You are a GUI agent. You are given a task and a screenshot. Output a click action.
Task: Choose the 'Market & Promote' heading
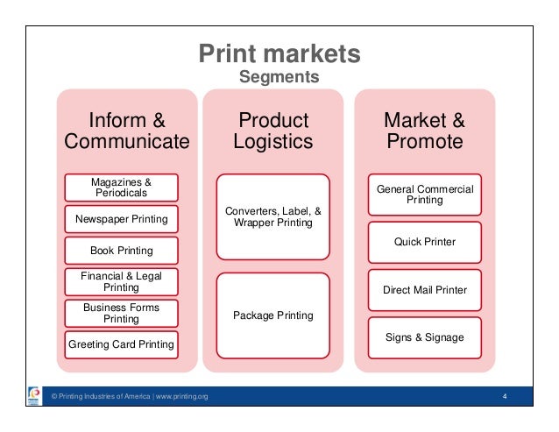point(425,131)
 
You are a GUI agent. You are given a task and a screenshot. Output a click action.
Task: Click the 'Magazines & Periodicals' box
point(121,187)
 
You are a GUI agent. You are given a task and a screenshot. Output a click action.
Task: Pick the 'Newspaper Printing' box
point(121,218)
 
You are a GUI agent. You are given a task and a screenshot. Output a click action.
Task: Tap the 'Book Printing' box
point(121,251)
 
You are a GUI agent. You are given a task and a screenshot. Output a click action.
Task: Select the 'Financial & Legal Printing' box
point(121,281)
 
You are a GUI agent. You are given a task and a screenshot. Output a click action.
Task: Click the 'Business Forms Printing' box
point(121,313)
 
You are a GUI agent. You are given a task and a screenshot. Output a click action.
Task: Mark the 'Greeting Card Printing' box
point(121,344)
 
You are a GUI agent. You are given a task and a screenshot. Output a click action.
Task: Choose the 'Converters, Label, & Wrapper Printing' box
point(273,216)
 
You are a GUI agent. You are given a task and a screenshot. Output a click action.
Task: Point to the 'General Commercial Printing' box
point(425,195)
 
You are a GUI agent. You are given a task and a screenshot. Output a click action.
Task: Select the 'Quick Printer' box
point(425,241)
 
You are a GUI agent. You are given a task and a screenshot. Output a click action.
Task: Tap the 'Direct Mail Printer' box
point(425,288)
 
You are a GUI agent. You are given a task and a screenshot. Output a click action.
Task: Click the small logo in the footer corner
point(34,399)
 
